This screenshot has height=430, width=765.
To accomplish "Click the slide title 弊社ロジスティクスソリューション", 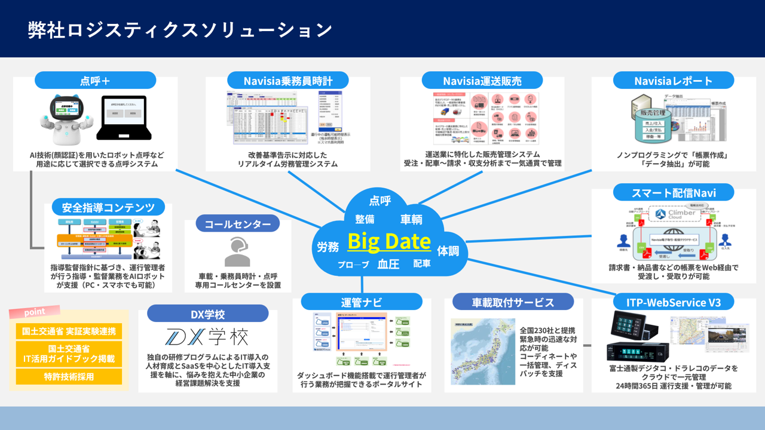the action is pyautogui.click(x=180, y=30).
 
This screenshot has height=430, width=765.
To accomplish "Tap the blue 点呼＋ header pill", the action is pyautogui.click(x=95, y=81).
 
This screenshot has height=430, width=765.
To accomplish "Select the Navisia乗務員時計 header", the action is pyautogui.click(x=287, y=81).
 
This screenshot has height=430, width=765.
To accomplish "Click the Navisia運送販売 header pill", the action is pyautogui.click(x=482, y=81).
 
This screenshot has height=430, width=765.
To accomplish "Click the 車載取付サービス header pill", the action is pyautogui.click(x=513, y=302).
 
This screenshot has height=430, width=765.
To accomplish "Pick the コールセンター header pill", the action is pyautogui.click(x=237, y=224).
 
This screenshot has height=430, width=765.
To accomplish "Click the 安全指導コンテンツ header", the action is pyautogui.click(x=108, y=208).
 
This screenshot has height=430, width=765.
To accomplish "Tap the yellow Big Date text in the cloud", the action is pyautogui.click(x=388, y=241).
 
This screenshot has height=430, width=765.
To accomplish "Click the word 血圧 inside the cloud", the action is pyautogui.click(x=388, y=264).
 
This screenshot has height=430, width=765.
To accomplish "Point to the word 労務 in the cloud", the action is pyautogui.click(x=328, y=246).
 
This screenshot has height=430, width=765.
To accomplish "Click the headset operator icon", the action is pyautogui.click(x=237, y=251).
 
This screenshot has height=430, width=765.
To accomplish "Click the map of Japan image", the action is pyautogui.click(x=483, y=351).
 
